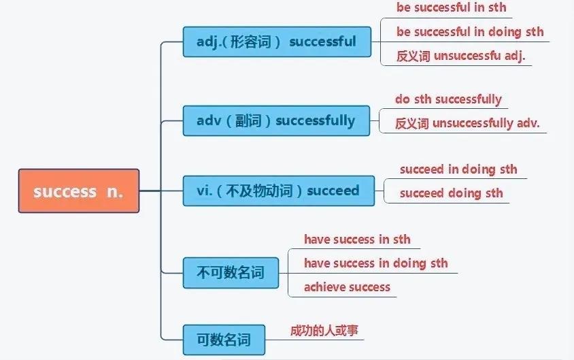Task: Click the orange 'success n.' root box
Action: coord(78,191)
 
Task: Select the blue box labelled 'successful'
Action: coord(277,42)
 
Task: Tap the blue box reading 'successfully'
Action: coord(276,121)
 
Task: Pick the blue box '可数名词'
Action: coord(224,339)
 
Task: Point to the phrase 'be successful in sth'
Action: coord(451,8)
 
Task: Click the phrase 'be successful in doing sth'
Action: coord(470,32)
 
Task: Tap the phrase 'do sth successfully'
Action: coord(448,99)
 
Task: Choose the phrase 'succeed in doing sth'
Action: coord(458,169)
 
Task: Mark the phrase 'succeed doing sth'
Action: coord(451,193)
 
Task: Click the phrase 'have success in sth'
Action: coord(357,239)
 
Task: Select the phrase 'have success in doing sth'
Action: coord(375,263)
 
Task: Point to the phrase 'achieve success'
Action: coord(347,287)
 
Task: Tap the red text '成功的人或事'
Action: coord(324,331)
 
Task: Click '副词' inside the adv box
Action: coord(245,121)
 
